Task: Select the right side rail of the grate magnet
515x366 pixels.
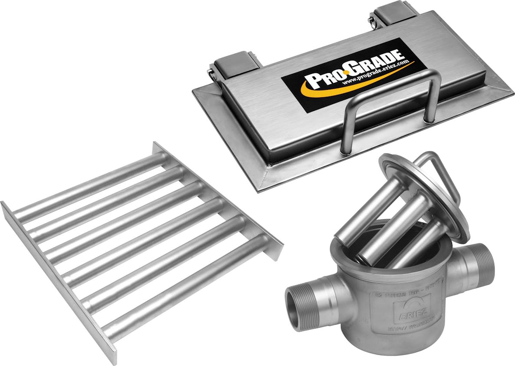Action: (x=217, y=200)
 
